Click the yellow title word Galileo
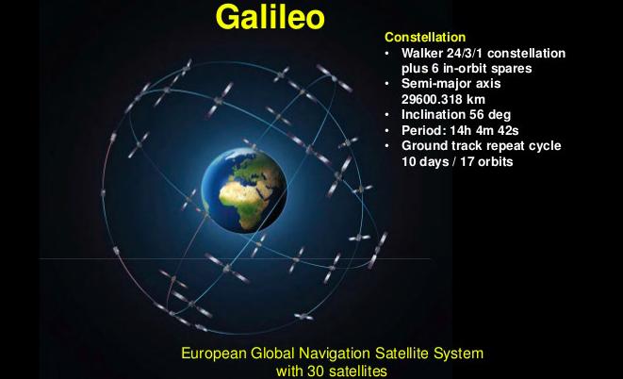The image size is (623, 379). pyautogui.click(x=271, y=17)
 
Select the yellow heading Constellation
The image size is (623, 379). pyautogui.click(x=425, y=37)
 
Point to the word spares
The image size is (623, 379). pyautogui.click(x=512, y=69)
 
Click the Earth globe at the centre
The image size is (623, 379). pyautogui.click(x=244, y=190)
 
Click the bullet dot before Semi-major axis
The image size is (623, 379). pyautogui.click(x=387, y=84)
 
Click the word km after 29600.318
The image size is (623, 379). pyautogui.click(x=476, y=99)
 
